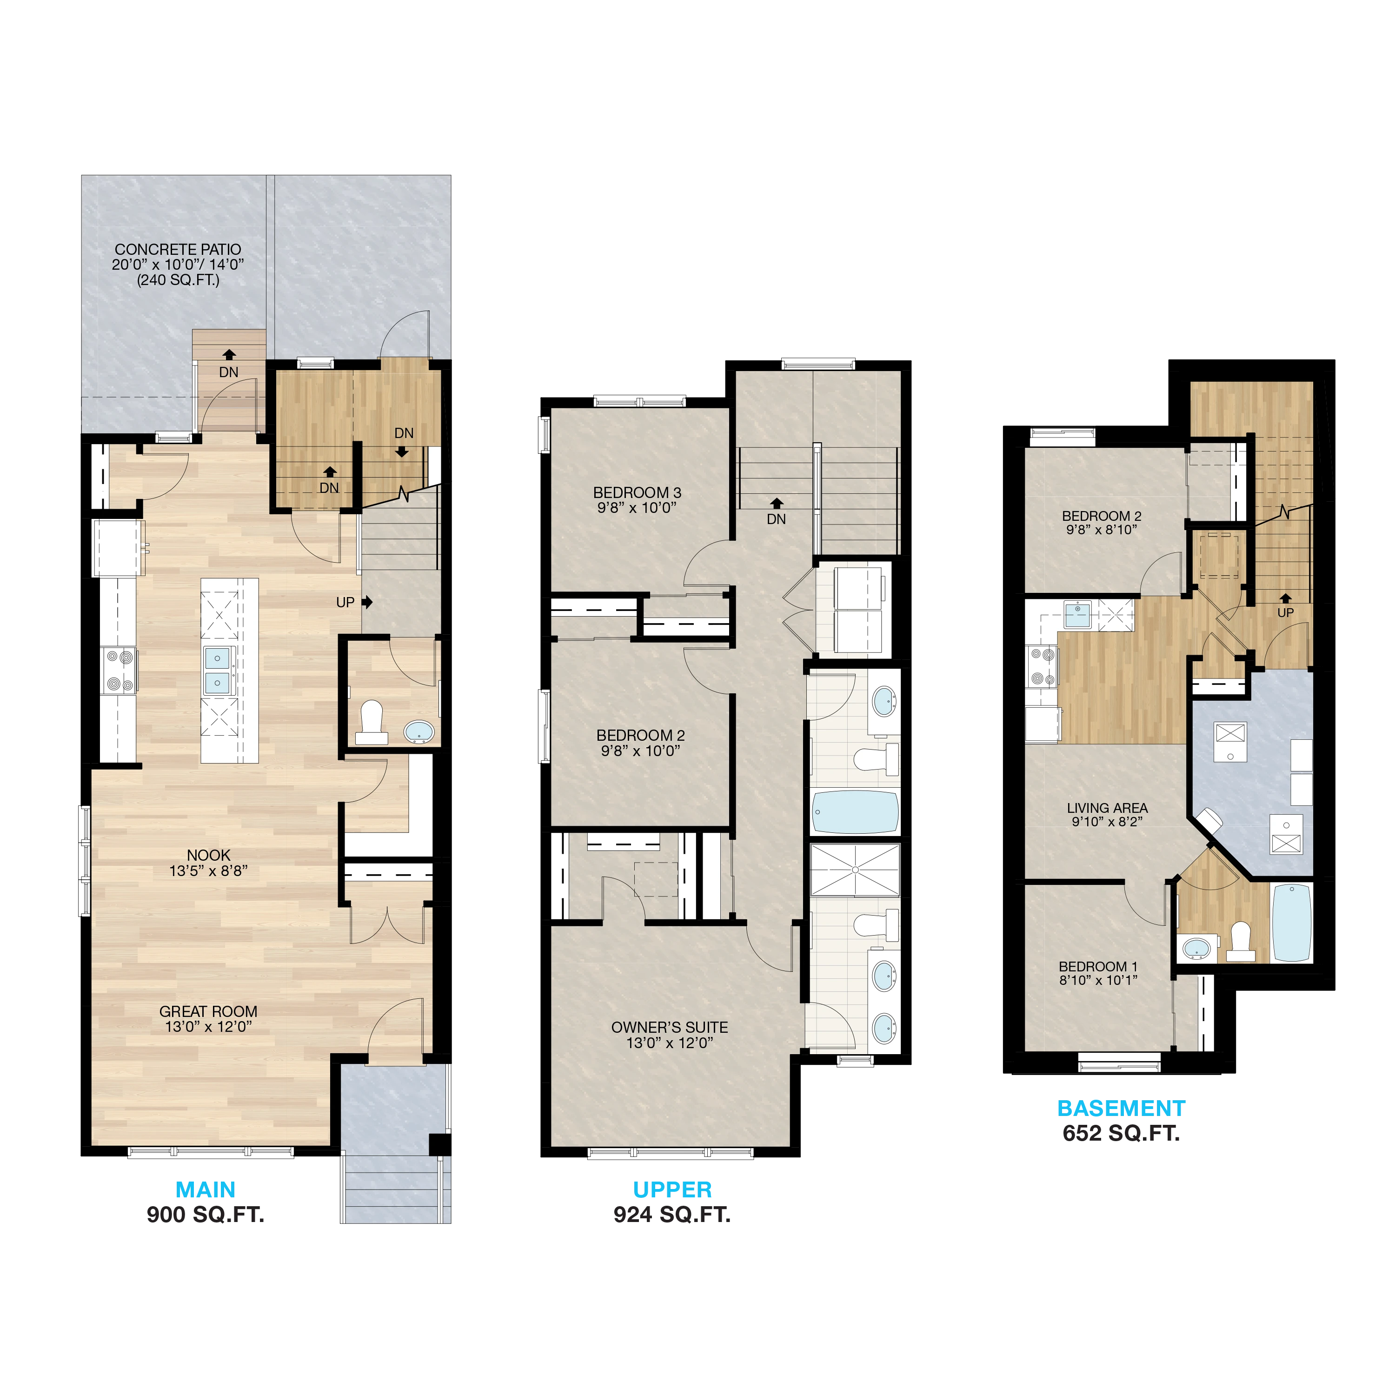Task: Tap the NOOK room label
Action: click(209, 856)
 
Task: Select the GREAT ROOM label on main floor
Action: click(209, 1011)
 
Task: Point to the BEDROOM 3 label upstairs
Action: click(637, 492)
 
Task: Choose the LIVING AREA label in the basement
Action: click(1108, 808)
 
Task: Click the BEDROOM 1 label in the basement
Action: click(1098, 966)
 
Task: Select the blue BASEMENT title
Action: click(1121, 1109)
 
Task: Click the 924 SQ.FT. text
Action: click(672, 1215)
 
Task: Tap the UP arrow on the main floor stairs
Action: click(367, 601)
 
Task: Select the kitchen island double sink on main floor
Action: click(217, 670)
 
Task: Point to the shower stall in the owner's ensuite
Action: click(856, 870)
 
